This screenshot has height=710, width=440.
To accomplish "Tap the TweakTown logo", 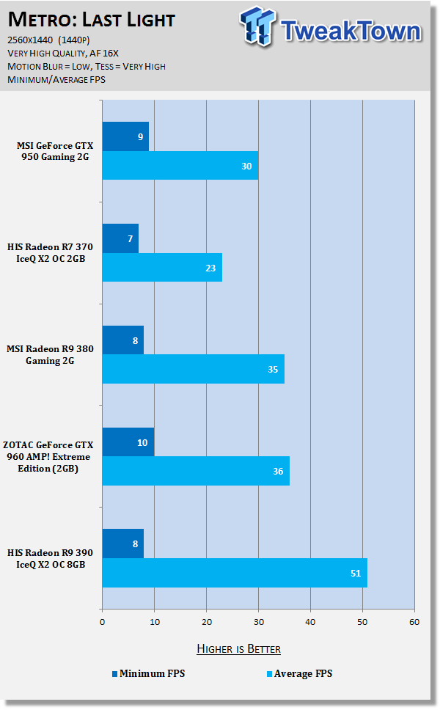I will click(x=330, y=29).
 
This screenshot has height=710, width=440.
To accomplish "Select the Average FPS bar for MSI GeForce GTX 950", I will click(x=180, y=166).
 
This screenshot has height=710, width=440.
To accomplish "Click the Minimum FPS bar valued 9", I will click(x=125, y=136).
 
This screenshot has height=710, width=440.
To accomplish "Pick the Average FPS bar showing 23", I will click(x=162, y=268).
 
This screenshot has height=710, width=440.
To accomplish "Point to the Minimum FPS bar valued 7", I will click(x=120, y=238).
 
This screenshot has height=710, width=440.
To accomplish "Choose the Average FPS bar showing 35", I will click(x=193, y=369).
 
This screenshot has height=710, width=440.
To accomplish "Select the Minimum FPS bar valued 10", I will click(x=128, y=442).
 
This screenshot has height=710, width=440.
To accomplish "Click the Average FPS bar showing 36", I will click(x=196, y=471).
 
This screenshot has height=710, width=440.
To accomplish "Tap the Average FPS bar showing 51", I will click(x=235, y=573).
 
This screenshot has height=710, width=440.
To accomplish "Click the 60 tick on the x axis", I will click(x=414, y=622).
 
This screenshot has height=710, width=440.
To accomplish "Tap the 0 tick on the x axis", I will click(x=102, y=622).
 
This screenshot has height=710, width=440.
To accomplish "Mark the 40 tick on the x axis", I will click(x=310, y=622).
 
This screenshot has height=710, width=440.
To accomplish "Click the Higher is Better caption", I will click(x=238, y=649).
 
